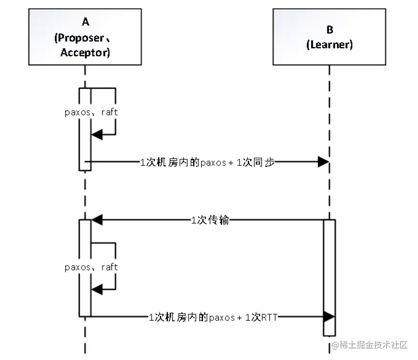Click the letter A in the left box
point(85,21)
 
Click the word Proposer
point(81,38)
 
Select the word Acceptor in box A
point(84,52)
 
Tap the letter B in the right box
point(330,30)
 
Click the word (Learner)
point(329,44)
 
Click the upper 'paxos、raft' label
point(91,112)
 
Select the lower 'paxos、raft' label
point(91,267)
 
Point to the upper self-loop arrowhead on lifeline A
point(97,134)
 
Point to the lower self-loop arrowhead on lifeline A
point(97,289)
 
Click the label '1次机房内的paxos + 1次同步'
point(207,162)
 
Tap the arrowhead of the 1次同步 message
point(323,162)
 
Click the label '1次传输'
point(210,220)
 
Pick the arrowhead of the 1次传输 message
point(97,220)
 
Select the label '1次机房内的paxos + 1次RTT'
point(213,317)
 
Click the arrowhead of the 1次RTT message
point(329,317)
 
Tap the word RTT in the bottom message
point(269,318)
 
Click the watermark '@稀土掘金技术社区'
point(369,345)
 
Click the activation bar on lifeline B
point(329,278)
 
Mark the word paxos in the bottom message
point(222,318)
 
